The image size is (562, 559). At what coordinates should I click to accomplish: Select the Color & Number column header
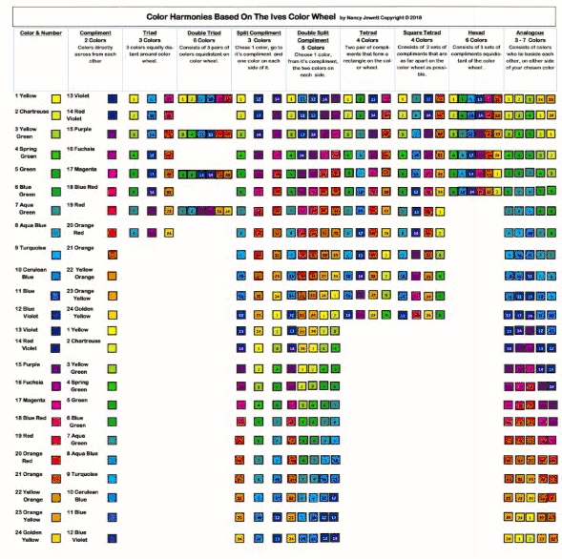coord(38,32)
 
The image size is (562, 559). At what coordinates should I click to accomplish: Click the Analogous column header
coord(530,32)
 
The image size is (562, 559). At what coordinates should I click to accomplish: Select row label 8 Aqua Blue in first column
coord(31,225)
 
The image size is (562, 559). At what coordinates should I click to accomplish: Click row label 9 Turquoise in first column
coord(31,247)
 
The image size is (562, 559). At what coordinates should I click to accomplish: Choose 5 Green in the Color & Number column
coord(26,169)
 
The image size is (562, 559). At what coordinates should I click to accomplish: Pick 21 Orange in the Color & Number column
coord(30,473)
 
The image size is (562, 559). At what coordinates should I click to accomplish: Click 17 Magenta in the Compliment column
coord(83,169)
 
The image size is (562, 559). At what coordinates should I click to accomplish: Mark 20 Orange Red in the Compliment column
coord(82,229)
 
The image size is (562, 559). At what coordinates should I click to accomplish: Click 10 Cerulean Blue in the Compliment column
coord(85,495)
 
